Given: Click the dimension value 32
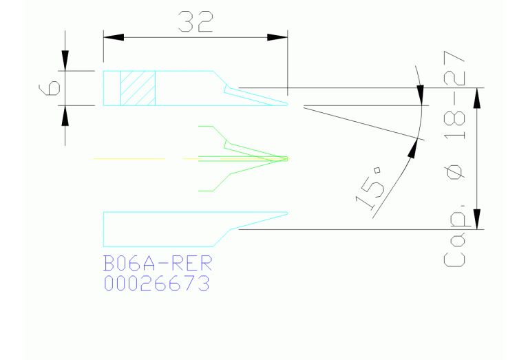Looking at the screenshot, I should tap(195, 22).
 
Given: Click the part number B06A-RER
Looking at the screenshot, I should tap(158, 264).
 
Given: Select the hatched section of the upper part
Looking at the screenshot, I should tap(139, 88).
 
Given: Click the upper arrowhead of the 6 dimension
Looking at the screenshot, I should tap(65, 63).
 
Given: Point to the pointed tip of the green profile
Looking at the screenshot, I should tap(286, 159).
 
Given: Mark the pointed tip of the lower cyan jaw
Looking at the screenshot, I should tap(286, 213).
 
